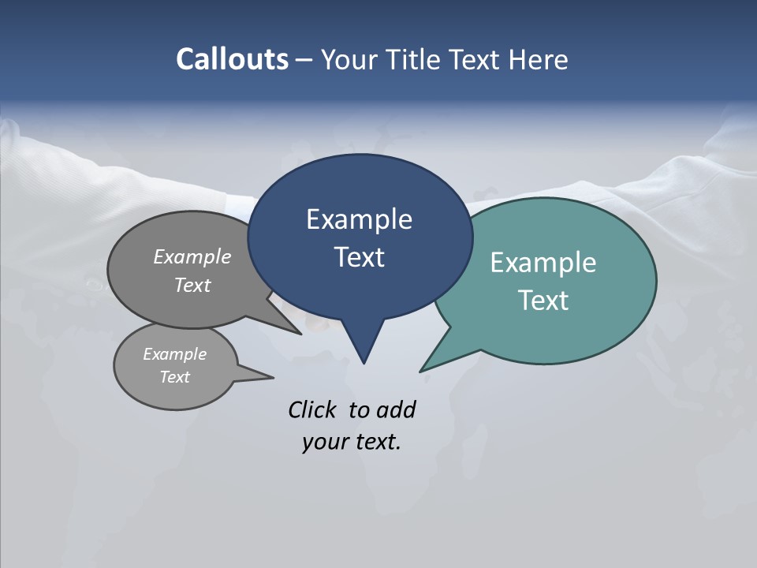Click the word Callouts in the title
pyautogui.click(x=232, y=59)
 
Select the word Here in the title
pyautogui.click(x=539, y=59)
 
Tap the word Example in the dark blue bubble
pyautogui.click(x=359, y=219)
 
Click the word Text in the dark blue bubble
pyautogui.click(x=359, y=257)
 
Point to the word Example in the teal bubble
pyautogui.click(x=543, y=263)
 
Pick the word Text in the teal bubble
pyautogui.click(x=543, y=300)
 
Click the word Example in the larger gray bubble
pyautogui.click(x=192, y=257)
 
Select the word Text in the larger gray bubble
pyautogui.click(x=192, y=285)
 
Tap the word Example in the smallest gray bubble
pyautogui.click(x=175, y=354)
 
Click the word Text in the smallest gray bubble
pyautogui.click(x=175, y=377)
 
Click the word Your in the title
pyautogui.click(x=349, y=59)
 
